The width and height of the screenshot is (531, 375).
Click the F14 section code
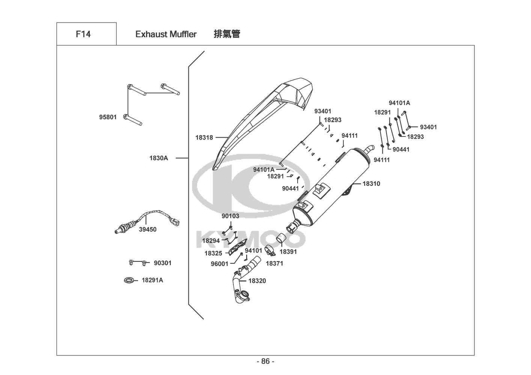[x=83, y=34]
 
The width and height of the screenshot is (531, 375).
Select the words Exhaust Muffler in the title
[x=166, y=34]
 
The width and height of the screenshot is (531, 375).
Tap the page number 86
[x=265, y=361]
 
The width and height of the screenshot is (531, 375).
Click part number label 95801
[x=108, y=117]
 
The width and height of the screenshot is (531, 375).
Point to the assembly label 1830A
[x=159, y=158]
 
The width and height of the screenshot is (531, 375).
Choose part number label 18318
[x=204, y=138]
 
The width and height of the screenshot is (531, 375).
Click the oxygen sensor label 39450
[x=147, y=229]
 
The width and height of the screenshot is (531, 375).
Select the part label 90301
[x=162, y=263]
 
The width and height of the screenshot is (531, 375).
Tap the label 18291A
[x=152, y=280]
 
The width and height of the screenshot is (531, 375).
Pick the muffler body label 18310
[x=371, y=184]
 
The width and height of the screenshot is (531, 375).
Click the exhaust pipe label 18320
[x=257, y=281]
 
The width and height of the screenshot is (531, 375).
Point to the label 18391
[x=288, y=252]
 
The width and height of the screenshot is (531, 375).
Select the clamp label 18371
[x=274, y=263]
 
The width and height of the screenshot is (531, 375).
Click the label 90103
[x=230, y=216]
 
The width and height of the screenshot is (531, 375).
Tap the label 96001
[x=219, y=264]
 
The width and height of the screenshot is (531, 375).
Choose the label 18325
[x=213, y=253]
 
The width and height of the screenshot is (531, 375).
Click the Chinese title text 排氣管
[x=227, y=34]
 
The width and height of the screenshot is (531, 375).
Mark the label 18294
[x=211, y=241]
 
